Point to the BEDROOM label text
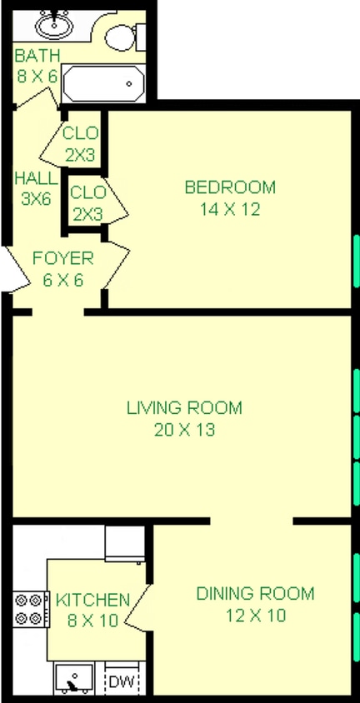229,187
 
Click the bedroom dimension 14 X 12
229,209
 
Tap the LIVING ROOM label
184,408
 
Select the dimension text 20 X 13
184,430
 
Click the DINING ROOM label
255,594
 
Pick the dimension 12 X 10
255,616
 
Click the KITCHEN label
92,600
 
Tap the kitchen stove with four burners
29,607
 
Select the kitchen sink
73,679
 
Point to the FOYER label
62,257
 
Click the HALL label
36,178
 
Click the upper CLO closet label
81,133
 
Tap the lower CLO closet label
87,192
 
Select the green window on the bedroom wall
356,261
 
